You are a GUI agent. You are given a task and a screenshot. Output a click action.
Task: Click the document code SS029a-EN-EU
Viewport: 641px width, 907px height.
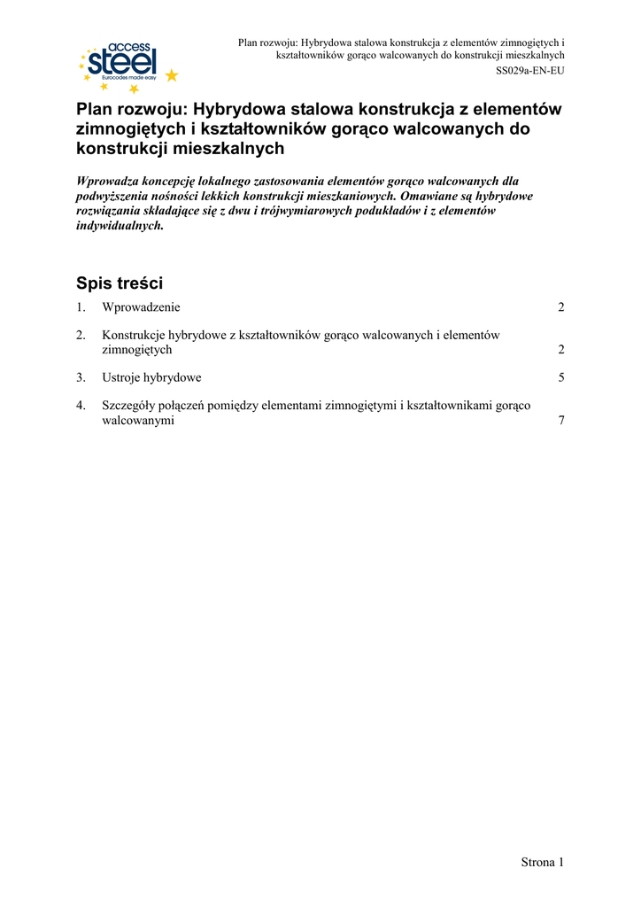pyautogui.click(x=529, y=70)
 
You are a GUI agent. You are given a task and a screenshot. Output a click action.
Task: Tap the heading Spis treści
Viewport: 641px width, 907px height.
pyautogui.click(x=120, y=283)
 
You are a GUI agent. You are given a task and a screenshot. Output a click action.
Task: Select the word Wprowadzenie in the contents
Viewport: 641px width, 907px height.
pyautogui.click(x=141, y=307)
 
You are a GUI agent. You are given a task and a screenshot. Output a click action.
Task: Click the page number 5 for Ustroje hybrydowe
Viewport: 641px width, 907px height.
pyautogui.click(x=561, y=377)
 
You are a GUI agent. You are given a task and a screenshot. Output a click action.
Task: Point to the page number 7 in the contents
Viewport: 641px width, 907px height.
pyautogui.click(x=561, y=421)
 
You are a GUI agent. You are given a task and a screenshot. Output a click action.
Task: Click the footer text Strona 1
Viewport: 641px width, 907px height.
pyautogui.click(x=542, y=862)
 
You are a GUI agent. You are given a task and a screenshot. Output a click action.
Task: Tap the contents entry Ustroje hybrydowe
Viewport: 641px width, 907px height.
pyautogui.click(x=151, y=377)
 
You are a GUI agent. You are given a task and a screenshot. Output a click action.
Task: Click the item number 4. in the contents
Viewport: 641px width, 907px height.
pyautogui.click(x=81, y=406)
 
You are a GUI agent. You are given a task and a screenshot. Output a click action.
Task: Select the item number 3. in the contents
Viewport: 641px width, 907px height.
pyautogui.click(x=81, y=377)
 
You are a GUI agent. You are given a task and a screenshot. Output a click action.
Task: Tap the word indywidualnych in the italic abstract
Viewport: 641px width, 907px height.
pyautogui.click(x=120, y=226)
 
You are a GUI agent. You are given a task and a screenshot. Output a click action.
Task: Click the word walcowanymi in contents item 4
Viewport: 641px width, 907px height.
pyautogui.click(x=138, y=421)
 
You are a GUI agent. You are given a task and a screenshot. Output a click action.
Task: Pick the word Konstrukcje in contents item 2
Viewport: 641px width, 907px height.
pyautogui.click(x=134, y=335)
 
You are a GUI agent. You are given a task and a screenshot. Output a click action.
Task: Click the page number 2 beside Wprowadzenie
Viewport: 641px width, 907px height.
pyautogui.click(x=561, y=307)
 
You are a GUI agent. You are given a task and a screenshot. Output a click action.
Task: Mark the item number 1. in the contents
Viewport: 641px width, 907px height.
pyautogui.click(x=81, y=307)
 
